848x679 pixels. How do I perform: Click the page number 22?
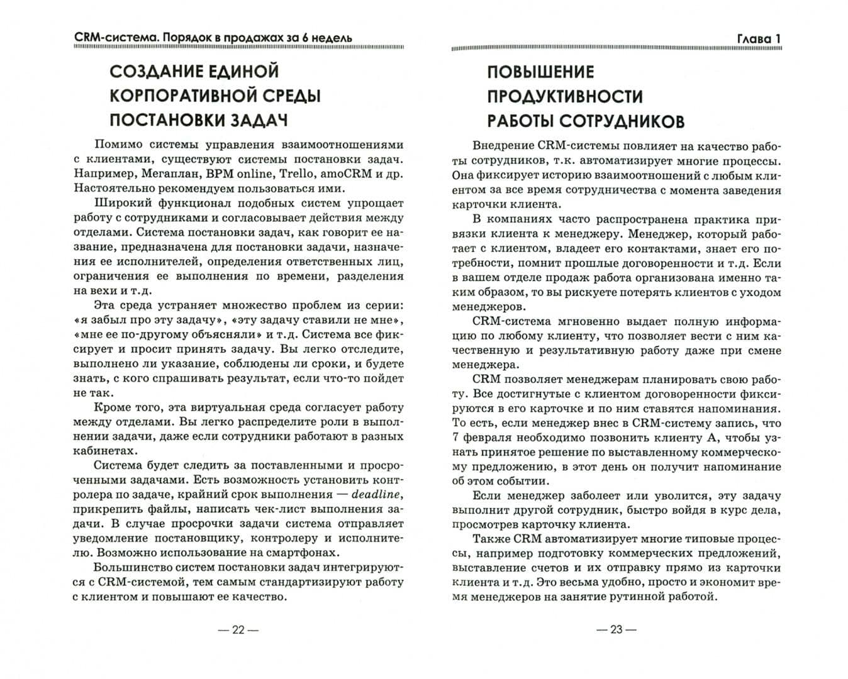coord(237,629)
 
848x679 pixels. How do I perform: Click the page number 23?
coord(616,629)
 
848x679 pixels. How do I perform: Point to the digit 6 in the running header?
coord(302,38)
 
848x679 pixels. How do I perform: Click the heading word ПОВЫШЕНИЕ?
coord(540,72)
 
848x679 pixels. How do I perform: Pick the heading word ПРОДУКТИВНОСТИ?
coord(565,96)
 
